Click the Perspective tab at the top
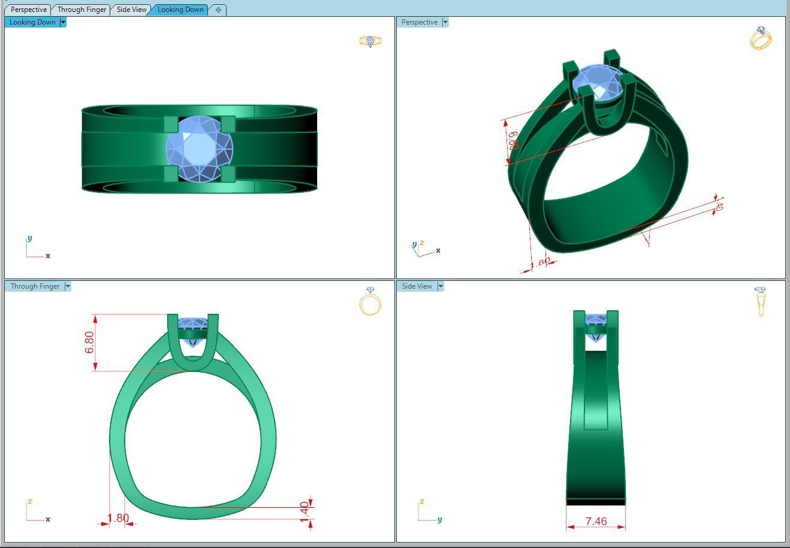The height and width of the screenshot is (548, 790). click(x=28, y=10)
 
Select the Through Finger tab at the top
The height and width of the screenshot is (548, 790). click(x=82, y=10)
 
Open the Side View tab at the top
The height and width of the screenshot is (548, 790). click(x=131, y=10)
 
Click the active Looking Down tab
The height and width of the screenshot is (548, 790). click(x=180, y=10)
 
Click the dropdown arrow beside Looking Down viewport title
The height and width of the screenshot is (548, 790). click(x=63, y=22)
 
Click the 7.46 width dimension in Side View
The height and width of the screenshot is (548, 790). click(x=596, y=522)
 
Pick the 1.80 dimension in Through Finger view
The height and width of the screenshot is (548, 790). click(x=118, y=518)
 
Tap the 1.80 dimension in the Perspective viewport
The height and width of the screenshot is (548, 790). click(x=542, y=262)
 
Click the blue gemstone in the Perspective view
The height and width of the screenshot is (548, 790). click(x=597, y=81)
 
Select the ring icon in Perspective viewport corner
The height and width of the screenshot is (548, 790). click(x=761, y=38)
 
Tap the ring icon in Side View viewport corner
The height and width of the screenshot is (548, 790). click(x=761, y=301)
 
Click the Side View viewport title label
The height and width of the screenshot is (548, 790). click(x=417, y=286)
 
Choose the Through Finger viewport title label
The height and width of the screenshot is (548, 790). click(x=35, y=286)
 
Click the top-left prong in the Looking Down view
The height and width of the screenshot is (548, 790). click(x=171, y=124)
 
